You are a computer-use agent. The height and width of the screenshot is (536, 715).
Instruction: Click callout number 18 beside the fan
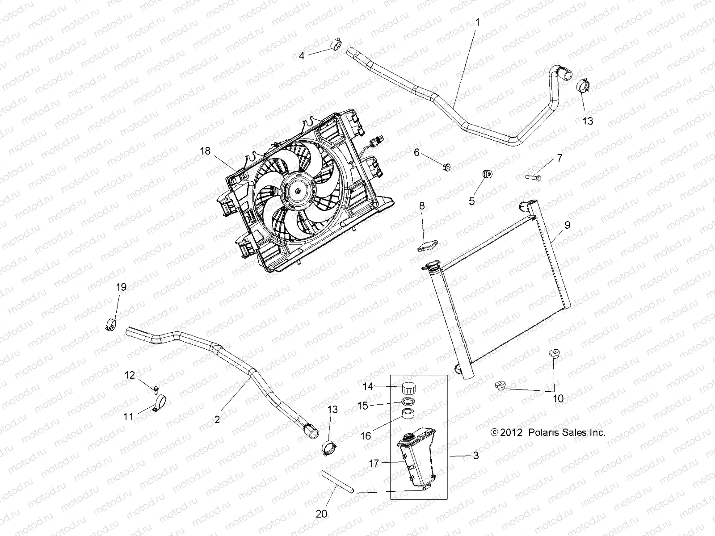[205, 151]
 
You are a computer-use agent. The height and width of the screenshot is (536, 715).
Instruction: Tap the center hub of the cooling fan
[298, 191]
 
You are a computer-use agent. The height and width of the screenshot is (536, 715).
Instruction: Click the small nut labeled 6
[446, 167]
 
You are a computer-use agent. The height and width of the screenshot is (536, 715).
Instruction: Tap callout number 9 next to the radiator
[567, 225]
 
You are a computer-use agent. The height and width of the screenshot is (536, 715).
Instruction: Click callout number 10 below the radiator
[558, 398]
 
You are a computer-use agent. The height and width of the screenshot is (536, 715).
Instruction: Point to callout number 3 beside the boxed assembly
[475, 456]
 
